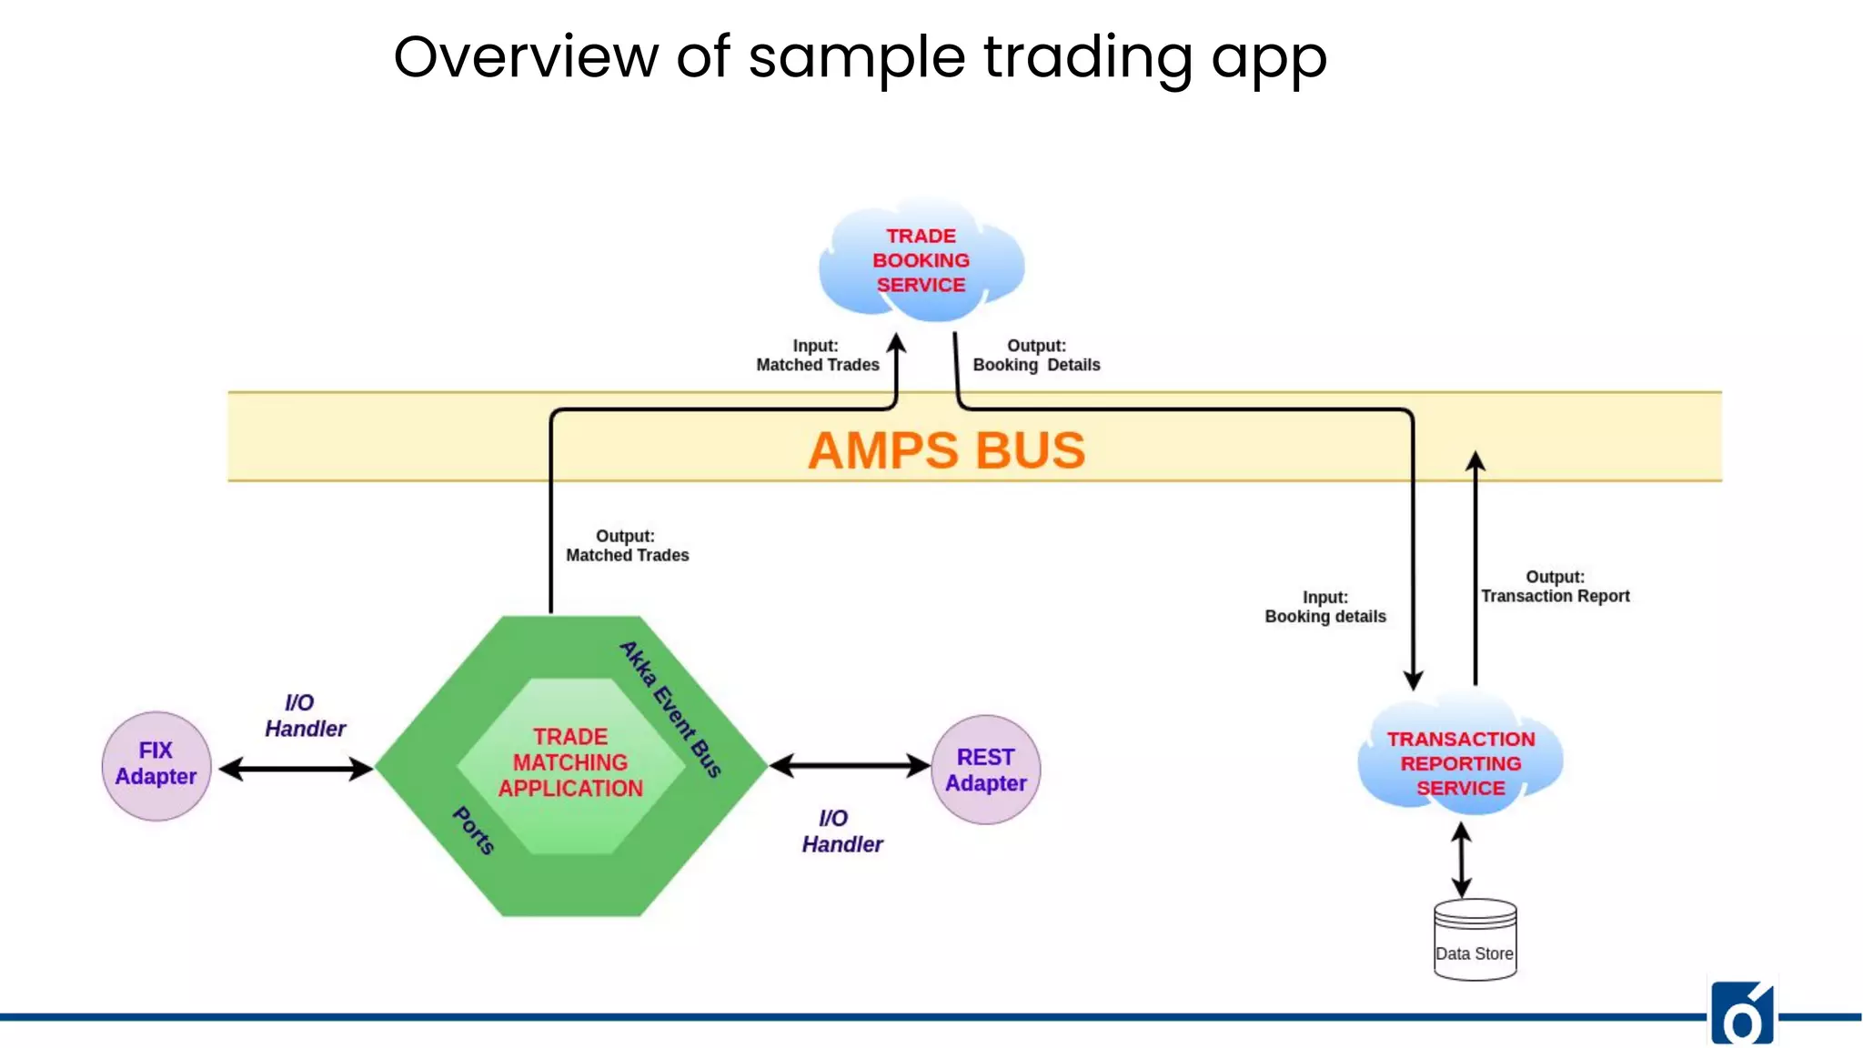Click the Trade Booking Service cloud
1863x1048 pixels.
921,261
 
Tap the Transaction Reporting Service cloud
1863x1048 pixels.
1460,762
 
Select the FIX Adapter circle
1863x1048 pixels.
156,766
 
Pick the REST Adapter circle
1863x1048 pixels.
986,770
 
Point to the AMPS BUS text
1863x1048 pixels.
946,450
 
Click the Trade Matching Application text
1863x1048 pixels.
570,762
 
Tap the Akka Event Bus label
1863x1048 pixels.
670,709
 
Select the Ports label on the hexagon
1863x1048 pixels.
474,830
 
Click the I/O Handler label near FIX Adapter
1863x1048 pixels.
305,716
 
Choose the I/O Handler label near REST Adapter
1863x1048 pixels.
841,831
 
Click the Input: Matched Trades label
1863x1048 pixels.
817,356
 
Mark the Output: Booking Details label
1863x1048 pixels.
1036,356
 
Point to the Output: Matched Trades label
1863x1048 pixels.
627,546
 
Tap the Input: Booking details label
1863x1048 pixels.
1324,607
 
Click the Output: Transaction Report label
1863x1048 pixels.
1555,587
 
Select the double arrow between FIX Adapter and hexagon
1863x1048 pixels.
296,770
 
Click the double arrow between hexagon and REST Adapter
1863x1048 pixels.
850,766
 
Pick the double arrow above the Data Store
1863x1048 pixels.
1461,861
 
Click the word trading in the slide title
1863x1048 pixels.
1088,57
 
